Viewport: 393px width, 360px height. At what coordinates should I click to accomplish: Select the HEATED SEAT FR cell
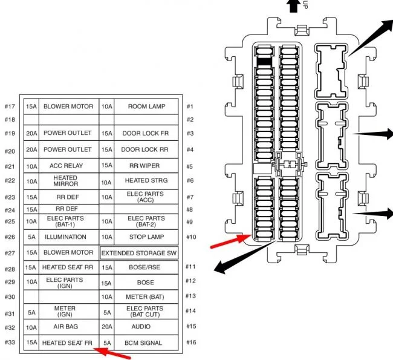pos(68,343)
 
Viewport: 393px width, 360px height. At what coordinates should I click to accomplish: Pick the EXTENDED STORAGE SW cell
pos(138,252)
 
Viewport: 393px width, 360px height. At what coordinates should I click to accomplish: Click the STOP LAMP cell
pos(145,237)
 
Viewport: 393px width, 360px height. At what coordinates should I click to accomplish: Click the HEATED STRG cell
pos(145,180)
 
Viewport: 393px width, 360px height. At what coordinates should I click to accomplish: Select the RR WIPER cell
pos(145,166)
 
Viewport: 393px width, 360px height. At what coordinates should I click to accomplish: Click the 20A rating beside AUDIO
pos(106,327)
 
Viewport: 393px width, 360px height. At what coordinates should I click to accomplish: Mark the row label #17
pos(10,106)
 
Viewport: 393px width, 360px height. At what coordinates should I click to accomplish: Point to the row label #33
pos(10,343)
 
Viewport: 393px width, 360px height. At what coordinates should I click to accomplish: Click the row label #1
pos(189,106)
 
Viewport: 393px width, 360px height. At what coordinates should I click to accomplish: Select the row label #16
pos(190,343)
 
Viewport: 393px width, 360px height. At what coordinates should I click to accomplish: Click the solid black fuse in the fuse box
pos(264,61)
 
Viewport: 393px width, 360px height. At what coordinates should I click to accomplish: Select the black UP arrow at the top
pos(293,6)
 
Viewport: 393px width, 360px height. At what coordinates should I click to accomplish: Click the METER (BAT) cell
pos(145,297)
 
